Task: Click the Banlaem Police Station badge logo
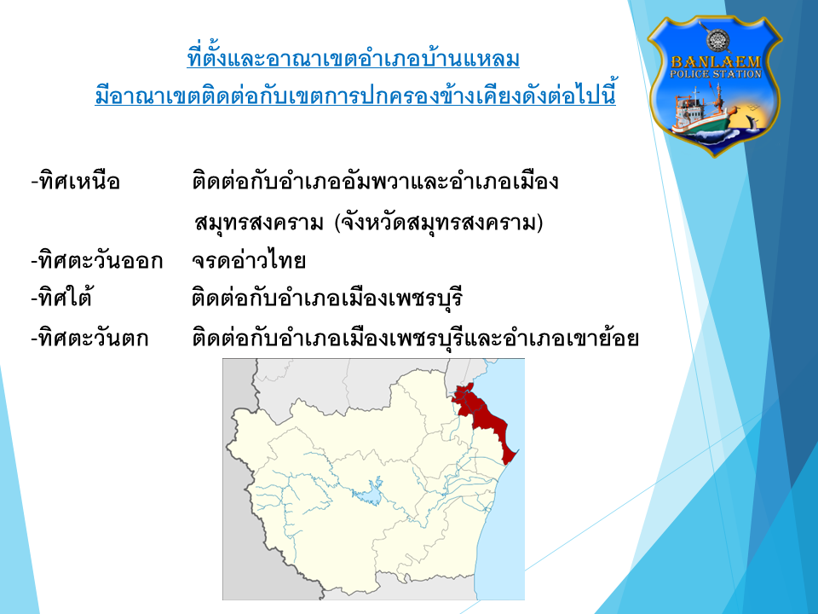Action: pyautogui.click(x=714, y=86)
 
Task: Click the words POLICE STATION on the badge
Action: pyautogui.click(x=715, y=74)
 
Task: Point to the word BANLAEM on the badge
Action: pyautogui.click(x=715, y=61)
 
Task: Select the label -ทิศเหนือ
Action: pyautogui.click(x=76, y=182)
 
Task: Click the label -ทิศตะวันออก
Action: pyautogui.click(x=97, y=261)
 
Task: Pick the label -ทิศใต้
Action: pyautogui.click(x=61, y=298)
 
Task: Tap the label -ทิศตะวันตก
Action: pyautogui.click(x=89, y=339)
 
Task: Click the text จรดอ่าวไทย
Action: pyautogui.click(x=249, y=261)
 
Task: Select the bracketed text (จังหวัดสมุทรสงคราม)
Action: pyautogui.click(x=438, y=223)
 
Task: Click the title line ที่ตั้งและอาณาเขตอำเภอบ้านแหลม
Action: pyautogui.click(x=353, y=57)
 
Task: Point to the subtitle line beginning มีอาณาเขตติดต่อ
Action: pyautogui.click(x=355, y=95)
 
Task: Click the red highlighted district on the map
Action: pyautogui.click(x=482, y=414)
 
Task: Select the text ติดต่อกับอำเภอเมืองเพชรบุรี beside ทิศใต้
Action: pyautogui.click(x=327, y=298)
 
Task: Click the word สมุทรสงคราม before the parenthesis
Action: pyautogui.click(x=259, y=223)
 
